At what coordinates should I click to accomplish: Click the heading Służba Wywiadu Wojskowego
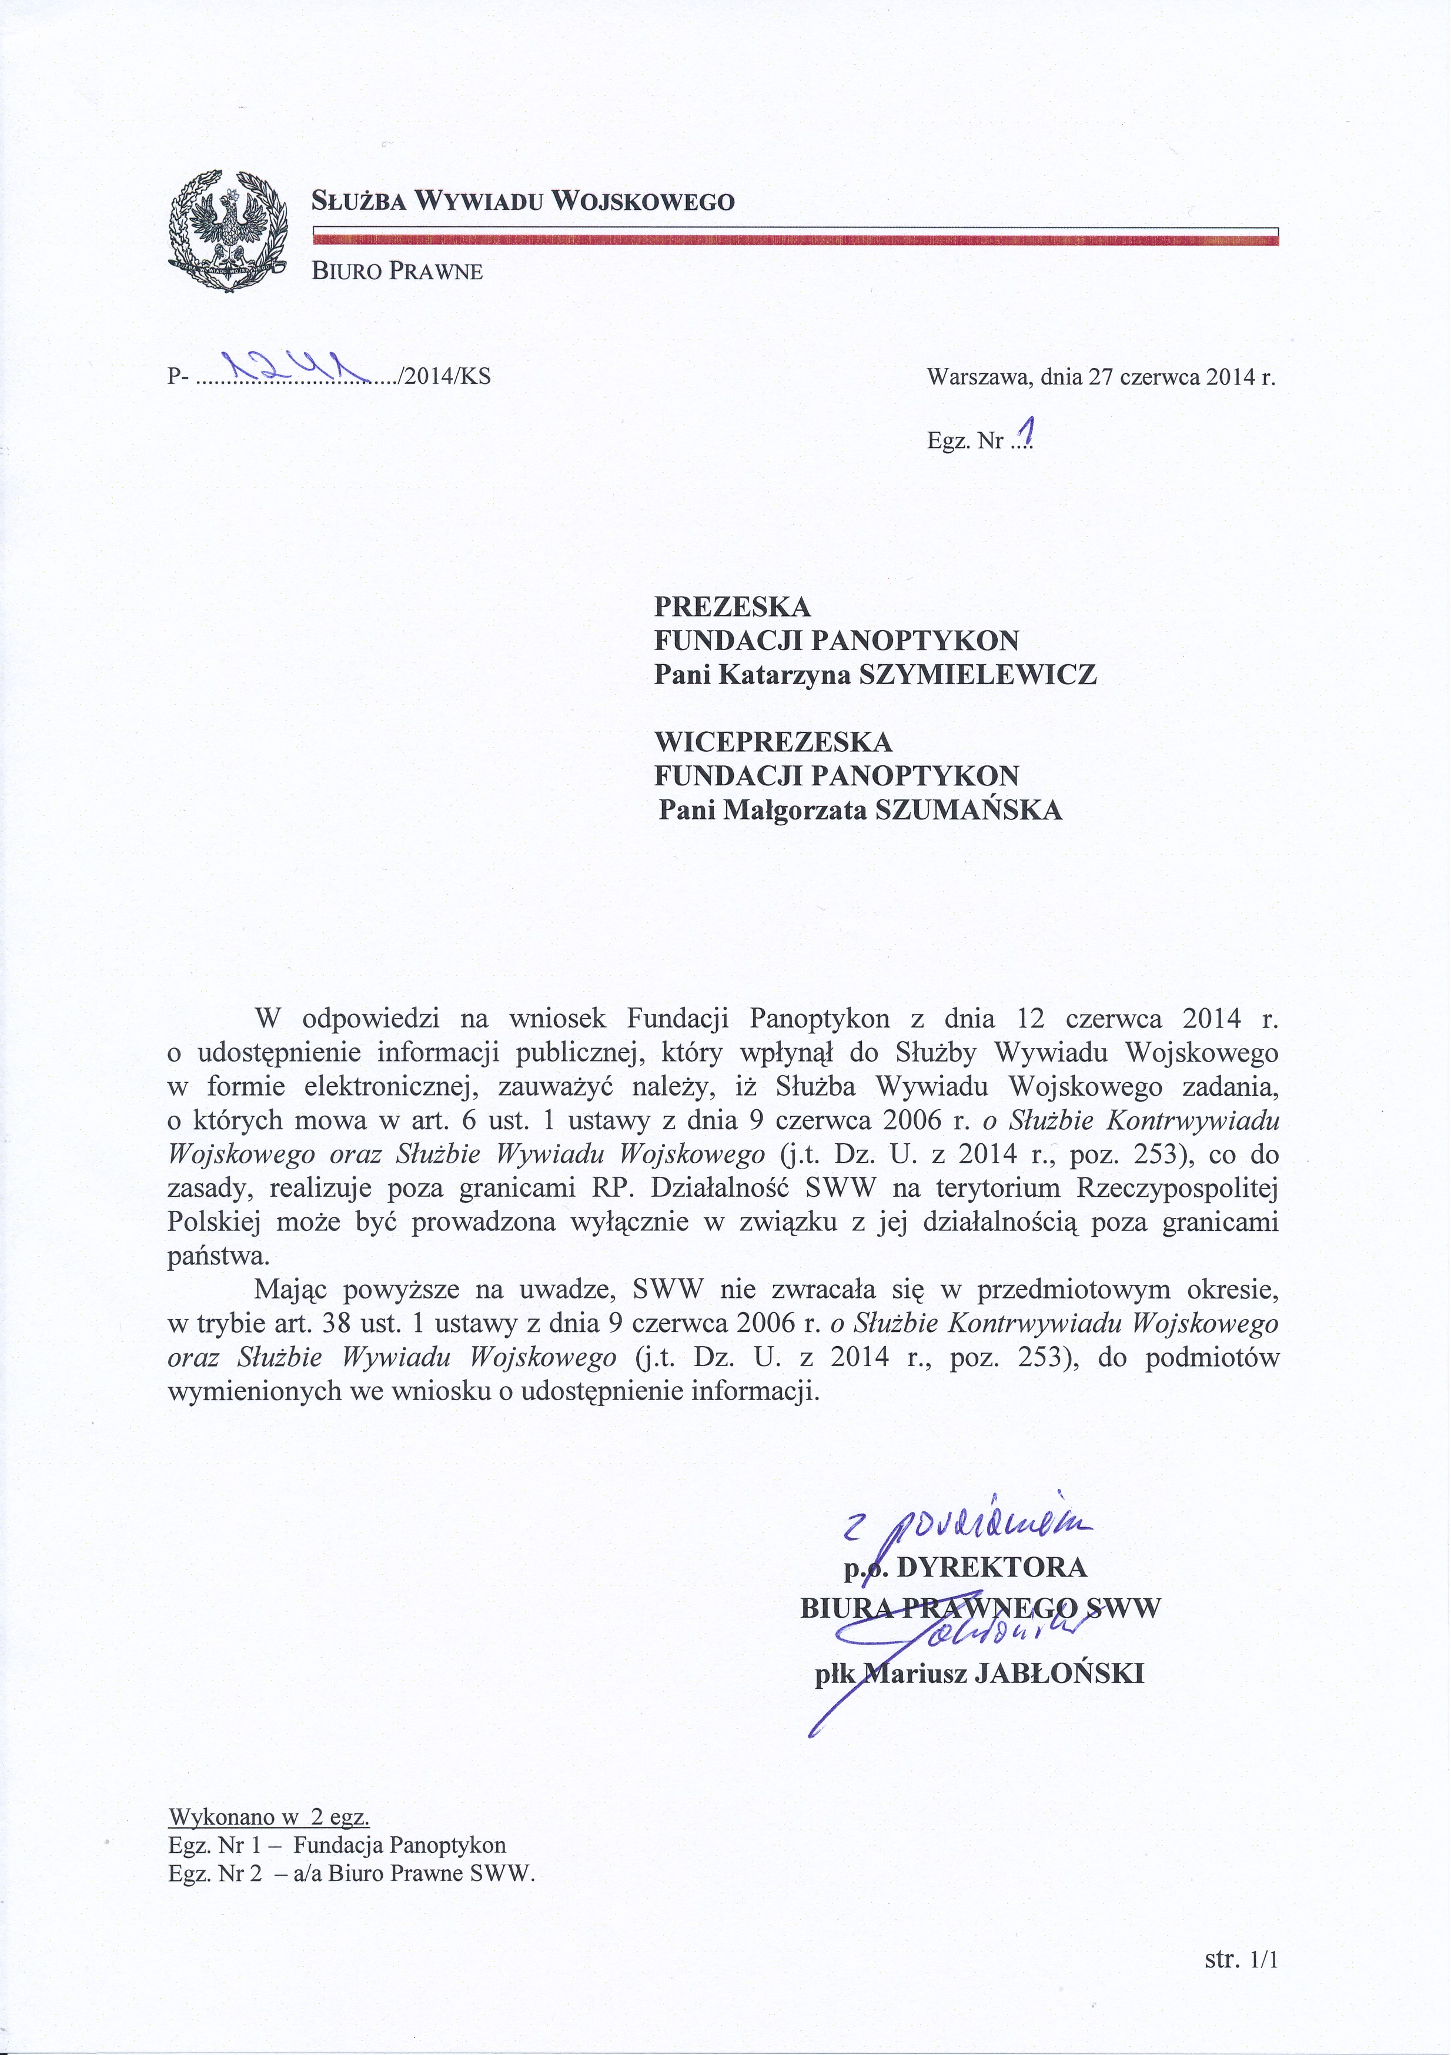pos(523,200)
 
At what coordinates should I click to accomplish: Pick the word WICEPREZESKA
pos(773,742)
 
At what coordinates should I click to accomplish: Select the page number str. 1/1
pos(1242,1961)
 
